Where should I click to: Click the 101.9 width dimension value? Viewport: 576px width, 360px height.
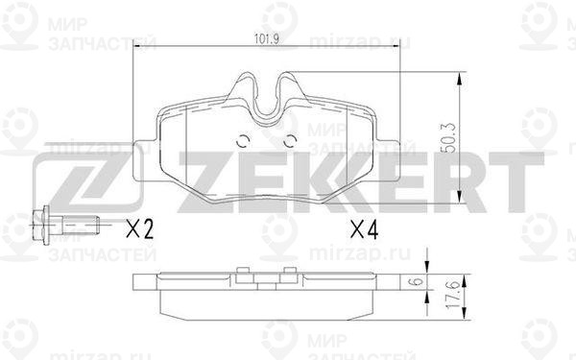tap(267, 38)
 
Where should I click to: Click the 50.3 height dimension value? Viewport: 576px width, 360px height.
tap(450, 137)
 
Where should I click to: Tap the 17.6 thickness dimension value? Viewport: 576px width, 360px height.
tap(453, 295)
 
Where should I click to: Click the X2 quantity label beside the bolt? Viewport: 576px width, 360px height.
tap(139, 229)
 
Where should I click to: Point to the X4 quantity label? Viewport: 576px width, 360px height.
tap(364, 230)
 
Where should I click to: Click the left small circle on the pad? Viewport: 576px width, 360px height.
tap(243, 141)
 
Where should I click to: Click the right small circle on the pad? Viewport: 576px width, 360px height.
tap(291, 141)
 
